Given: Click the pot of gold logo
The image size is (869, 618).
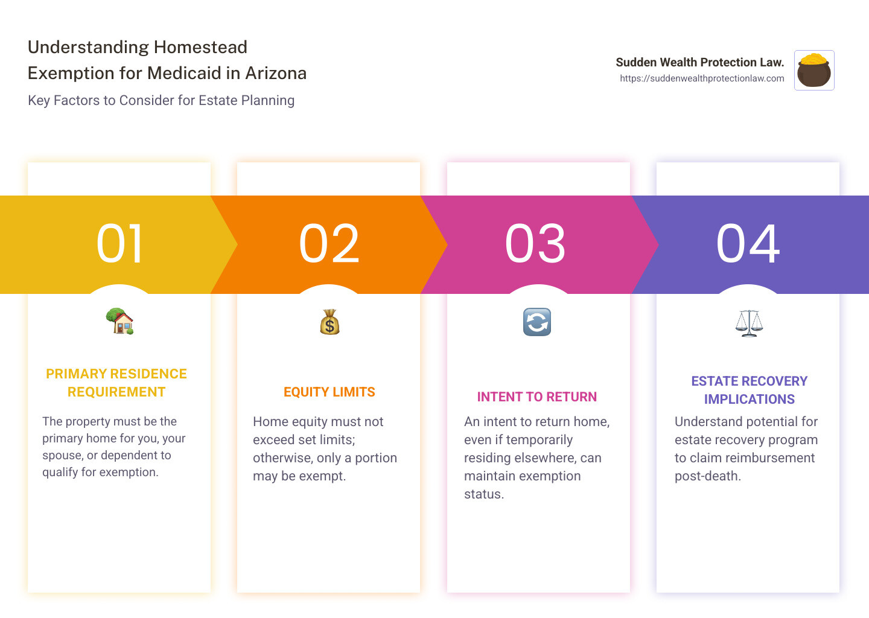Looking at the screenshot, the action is (x=814, y=70).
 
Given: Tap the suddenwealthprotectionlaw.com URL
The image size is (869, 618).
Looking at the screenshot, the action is (x=702, y=78).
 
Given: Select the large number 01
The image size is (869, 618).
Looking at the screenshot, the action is (x=119, y=244).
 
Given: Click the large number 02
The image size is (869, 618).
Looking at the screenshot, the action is (x=329, y=244).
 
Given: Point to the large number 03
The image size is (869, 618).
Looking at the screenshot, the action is (x=535, y=244).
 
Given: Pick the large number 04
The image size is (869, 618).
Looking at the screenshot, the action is (x=748, y=244).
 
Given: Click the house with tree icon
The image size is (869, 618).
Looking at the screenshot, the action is (x=120, y=321).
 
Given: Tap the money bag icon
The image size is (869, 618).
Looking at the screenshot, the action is (x=329, y=322).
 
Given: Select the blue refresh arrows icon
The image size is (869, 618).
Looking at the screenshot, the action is (x=537, y=322).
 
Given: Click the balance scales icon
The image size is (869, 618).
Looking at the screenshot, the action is (x=749, y=323).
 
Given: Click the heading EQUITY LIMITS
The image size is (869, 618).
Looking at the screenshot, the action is (x=329, y=392).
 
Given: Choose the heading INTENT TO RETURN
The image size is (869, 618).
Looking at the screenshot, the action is (x=537, y=397).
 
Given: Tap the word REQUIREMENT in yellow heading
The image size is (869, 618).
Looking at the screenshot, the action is (x=116, y=392).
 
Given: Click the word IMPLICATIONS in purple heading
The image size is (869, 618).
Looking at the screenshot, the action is (x=750, y=399).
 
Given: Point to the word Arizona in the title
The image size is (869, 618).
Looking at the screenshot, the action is (x=276, y=73).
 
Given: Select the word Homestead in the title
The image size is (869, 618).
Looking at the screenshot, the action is (x=200, y=47).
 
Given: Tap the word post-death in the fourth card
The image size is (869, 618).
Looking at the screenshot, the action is (x=708, y=476).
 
